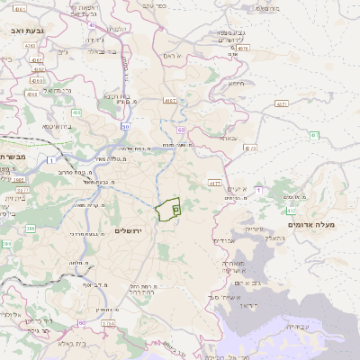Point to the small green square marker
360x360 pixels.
tap(175, 209)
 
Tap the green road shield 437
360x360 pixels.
tap(314, 135)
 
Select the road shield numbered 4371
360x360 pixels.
tap(282, 103)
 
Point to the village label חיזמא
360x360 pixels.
tap(236, 83)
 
